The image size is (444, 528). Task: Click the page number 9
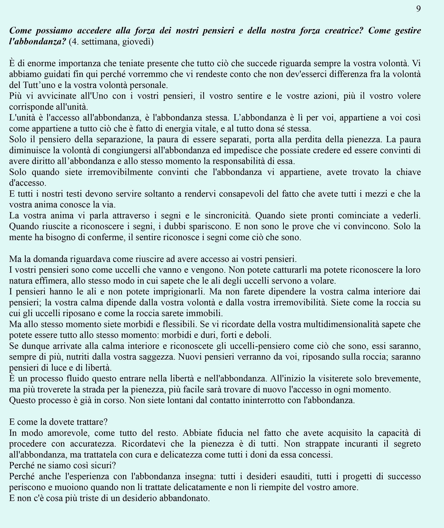(x=418, y=9)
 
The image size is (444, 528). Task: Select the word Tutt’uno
(x=40, y=85)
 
